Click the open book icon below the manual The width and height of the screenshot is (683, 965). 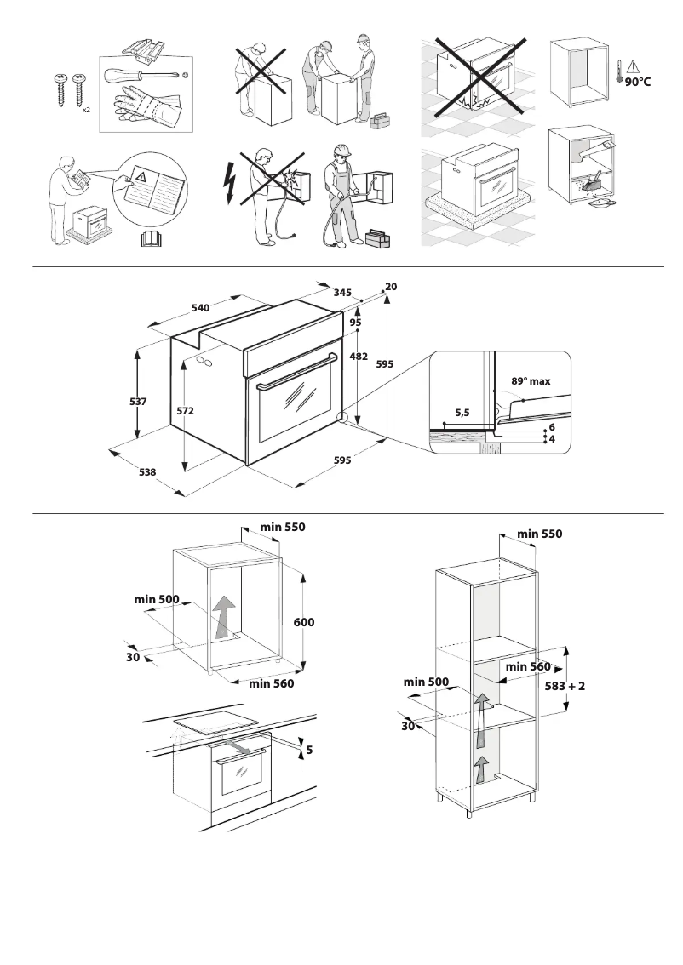click(x=149, y=240)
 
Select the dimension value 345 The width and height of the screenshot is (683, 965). click(x=342, y=292)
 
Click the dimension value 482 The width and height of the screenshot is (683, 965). click(x=359, y=357)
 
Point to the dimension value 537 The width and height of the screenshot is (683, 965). click(x=138, y=400)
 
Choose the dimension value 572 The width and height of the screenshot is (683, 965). click(x=185, y=411)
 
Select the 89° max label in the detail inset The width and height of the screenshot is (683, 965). click(x=531, y=381)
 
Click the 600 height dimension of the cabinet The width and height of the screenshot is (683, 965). click(x=304, y=622)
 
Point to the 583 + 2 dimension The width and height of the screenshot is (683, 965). click(x=565, y=685)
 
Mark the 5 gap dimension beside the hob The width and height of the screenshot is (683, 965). click(x=309, y=750)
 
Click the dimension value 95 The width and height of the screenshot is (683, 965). click(x=355, y=323)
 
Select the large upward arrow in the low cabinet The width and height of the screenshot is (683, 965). click(x=224, y=615)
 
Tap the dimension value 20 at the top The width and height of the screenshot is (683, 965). click(x=391, y=287)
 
